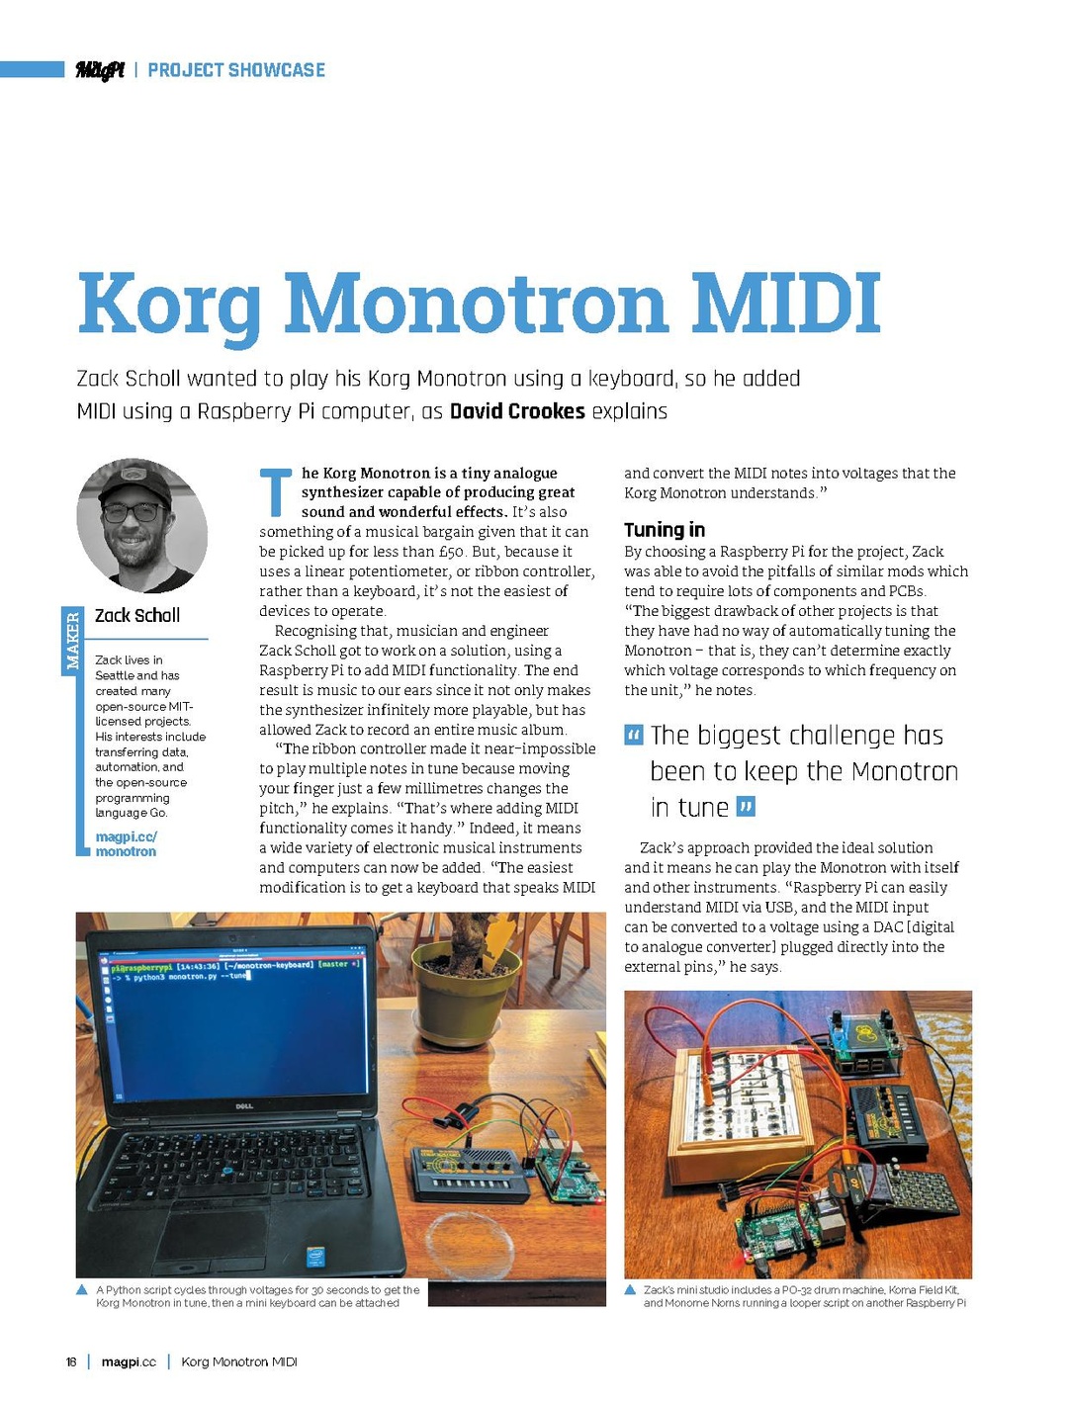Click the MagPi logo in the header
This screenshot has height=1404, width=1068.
pos(100,70)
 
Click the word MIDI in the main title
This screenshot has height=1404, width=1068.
pos(785,303)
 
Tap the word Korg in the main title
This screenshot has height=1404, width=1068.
pos(169,305)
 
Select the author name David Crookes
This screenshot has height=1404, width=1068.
pos(517,411)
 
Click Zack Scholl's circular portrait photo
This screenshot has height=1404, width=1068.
pos(141,525)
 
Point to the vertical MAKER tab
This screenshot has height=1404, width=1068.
pos(71,640)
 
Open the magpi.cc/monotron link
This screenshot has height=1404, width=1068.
pos(126,844)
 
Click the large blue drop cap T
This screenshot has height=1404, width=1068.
pos(276,493)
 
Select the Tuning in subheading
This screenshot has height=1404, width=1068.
pos(665,530)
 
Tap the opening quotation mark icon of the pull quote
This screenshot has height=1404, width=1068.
pos(633,736)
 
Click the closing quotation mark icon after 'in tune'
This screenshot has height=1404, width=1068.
pos(747,808)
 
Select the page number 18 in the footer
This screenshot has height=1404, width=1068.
pos(71,1362)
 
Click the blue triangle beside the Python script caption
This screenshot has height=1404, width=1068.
pos(82,1290)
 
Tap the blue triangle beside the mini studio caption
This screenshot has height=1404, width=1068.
pos(630,1290)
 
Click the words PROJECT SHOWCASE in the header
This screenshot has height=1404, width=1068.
pos(236,70)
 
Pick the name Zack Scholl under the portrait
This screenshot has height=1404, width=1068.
pos(137,616)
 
